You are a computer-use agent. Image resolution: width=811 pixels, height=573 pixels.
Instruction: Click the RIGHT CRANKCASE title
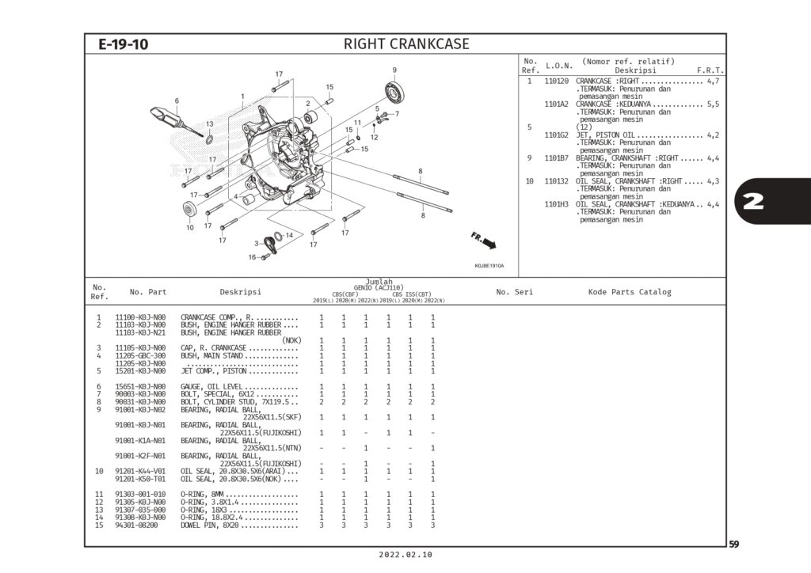pos(406,44)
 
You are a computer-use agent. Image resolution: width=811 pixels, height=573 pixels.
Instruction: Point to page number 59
pos(734,544)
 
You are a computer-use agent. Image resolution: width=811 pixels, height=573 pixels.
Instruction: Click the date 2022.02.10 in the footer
pos(405,556)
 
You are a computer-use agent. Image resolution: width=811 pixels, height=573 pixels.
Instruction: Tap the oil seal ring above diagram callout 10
pos(190,210)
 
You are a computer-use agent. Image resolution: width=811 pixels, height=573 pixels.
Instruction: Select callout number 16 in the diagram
pos(252,257)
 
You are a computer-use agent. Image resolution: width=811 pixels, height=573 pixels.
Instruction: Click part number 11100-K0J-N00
pos(141,317)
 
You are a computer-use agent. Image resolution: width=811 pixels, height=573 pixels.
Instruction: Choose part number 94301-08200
pos(136,526)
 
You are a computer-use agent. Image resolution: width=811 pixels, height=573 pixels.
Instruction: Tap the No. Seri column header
pos(514,292)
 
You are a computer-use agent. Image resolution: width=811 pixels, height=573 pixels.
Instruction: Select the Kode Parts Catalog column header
pos(629,292)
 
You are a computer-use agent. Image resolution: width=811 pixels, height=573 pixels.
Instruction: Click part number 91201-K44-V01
pos(141,471)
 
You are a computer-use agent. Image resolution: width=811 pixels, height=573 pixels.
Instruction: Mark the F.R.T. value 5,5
pos(712,104)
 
